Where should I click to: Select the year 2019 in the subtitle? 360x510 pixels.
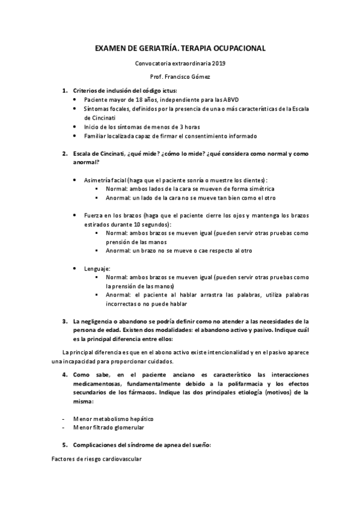click(x=219, y=63)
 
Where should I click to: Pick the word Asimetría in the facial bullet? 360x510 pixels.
click(x=98, y=180)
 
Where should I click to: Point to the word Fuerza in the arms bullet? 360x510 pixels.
click(x=94, y=215)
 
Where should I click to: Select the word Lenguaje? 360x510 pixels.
click(x=97, y=268)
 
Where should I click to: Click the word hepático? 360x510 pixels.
click(x=139, y=418)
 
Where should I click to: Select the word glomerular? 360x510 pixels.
click(x=126, y=427)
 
